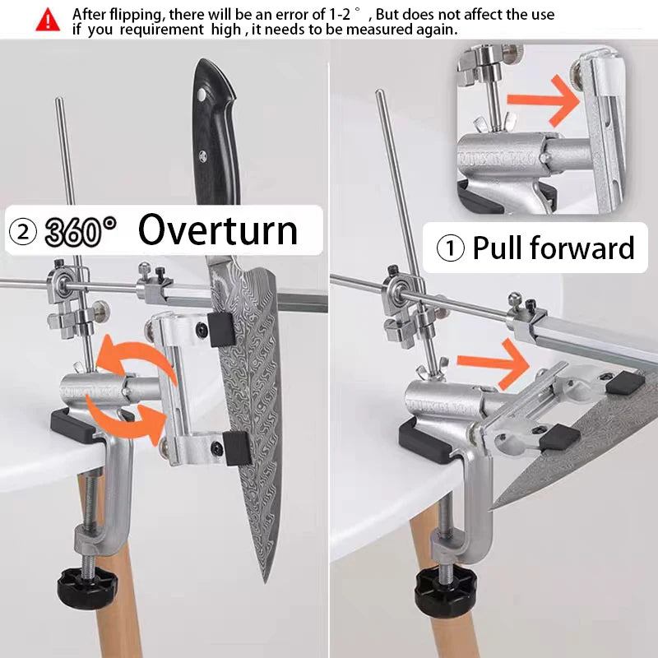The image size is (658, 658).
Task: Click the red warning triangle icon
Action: (48, 20)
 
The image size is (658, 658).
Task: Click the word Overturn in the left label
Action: (218, 230)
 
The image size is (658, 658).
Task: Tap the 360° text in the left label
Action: (81, 231)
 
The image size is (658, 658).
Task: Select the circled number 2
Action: (23, 232)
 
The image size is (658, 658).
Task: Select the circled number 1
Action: (450, 248)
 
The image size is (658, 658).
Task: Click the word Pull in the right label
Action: (498, 248)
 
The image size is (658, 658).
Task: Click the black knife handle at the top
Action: (215, 132)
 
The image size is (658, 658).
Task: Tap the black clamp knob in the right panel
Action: (446, 591)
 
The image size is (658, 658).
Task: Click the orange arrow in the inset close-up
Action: (544, 100)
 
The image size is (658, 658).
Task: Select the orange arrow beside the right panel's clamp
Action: (493, 363)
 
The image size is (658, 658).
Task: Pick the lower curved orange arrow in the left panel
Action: (126, 419)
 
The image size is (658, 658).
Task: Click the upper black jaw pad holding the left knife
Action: (221, 329)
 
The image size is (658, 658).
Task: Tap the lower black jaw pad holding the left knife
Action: (237, 448)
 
